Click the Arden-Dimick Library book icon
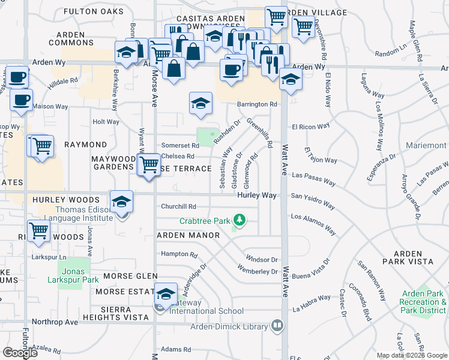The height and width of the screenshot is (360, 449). [x=277, y=326]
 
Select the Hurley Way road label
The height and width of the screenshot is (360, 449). [x=256, y=196]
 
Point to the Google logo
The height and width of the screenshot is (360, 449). [x=20, y=353]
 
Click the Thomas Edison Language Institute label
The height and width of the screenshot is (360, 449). [x=76, y=214]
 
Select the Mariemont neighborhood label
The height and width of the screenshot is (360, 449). [x=426, y=146]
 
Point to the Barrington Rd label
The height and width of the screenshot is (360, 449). [x=256, y=104]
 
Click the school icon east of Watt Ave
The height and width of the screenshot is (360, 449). [x=291, y=79]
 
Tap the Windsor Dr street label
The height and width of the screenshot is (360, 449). [x=262, y=260]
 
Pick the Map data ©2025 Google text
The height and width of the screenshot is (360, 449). [x=411, y=355]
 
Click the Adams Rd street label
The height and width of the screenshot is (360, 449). [x=175, y=349]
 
